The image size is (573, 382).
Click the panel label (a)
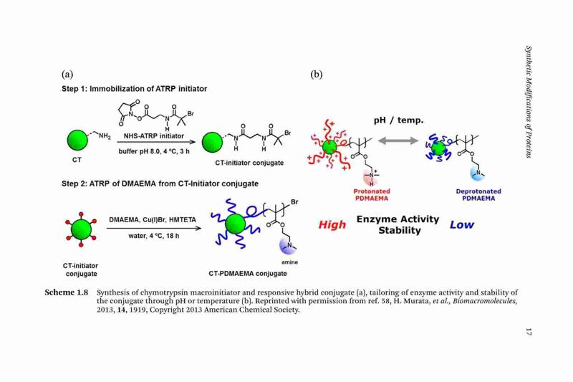point(67,75)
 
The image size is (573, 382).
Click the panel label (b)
point(317,75)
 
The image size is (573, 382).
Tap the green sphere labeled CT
point(77,140)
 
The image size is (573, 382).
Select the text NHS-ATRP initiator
point(153,136)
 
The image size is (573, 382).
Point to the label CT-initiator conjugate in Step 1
point(249,163)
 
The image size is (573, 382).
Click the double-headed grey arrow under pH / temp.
point(398,140)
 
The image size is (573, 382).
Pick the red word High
point(332,224)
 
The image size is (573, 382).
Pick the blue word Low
point(462,224)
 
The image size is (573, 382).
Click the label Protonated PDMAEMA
point(372,195)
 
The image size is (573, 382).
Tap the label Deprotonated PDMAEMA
point(478,195)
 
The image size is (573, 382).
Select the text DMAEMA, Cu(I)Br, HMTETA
point(153,220)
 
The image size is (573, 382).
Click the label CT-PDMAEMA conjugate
point(248,274)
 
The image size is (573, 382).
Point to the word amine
point(289,262)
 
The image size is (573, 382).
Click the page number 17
point(528,332)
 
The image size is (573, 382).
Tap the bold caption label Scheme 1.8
point(67,292)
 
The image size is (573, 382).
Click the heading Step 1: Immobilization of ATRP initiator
point(134,89)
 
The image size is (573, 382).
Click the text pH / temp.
point(398,120)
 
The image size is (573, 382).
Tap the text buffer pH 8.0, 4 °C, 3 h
point(154,151)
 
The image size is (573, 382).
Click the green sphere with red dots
point(81,229)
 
